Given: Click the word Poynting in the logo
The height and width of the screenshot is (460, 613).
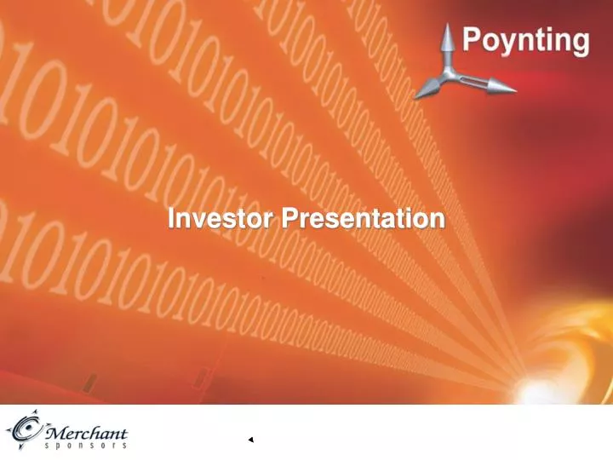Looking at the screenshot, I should tap(525, 41).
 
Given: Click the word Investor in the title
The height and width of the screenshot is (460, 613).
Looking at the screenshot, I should tap(221, 219).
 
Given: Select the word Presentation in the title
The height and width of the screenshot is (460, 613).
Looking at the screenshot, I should tap(364, 219).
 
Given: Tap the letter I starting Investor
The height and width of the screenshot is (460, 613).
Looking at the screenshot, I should tap(171, 219).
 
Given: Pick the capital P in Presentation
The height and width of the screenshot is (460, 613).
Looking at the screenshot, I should tap(290, 219).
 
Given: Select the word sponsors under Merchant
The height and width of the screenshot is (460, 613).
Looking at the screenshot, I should tap(84, 446).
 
